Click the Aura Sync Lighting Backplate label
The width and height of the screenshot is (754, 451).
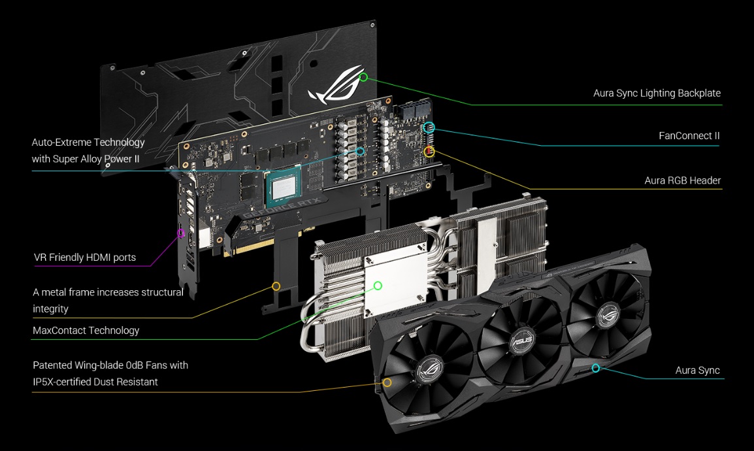657,93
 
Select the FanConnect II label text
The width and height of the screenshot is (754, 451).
689,136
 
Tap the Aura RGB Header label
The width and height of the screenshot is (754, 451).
682,181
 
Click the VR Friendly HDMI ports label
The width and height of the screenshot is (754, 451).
85,258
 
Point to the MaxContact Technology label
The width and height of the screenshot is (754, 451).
86,330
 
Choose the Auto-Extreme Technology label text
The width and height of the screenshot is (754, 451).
88,150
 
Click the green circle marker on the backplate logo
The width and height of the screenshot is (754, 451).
363,77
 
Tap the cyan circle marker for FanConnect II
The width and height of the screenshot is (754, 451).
429,127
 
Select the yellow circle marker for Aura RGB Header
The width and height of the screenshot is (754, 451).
429,152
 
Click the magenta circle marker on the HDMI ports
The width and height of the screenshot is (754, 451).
181,234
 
